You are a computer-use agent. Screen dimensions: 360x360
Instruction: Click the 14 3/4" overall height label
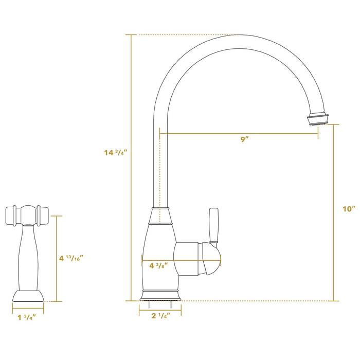pos(115,153)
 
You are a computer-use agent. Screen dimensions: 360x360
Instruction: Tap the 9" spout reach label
pos(244,140)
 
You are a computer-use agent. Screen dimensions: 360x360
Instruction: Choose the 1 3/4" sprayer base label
pos(28,317)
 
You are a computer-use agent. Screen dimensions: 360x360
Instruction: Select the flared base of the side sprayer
pos(28,296)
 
